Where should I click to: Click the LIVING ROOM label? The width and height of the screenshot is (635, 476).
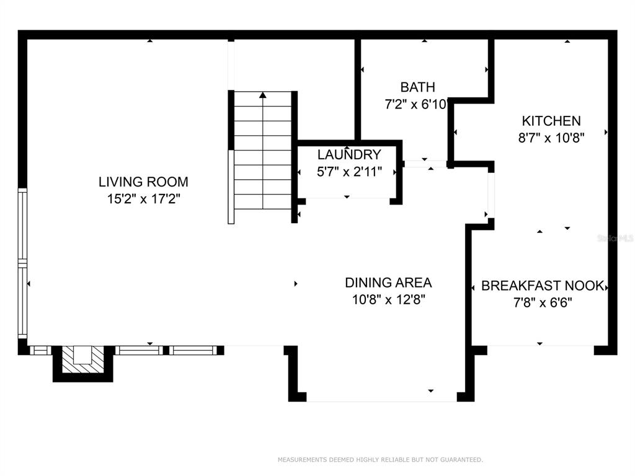[x=143, y=182]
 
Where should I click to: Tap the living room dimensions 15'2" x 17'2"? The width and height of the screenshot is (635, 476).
[x=143, y=199]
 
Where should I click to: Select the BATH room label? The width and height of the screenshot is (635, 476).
[x=417, y=87]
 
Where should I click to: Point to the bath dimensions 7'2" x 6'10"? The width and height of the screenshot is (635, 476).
[x=415, y=104]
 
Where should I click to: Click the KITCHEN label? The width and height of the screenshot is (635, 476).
[x=551, y=121]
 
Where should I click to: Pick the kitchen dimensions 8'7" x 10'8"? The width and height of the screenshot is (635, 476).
[x=551, y=138]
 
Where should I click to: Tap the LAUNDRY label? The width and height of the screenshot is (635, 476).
[x=349, y=154]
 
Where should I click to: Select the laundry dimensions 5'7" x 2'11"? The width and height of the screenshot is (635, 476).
[x=349, y=172]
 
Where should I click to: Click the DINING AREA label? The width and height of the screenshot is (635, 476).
[x=388, y=283]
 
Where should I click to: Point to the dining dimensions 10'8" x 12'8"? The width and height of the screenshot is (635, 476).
[x=388, y=300]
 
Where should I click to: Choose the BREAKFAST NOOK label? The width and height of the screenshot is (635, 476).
[x=543, y=286]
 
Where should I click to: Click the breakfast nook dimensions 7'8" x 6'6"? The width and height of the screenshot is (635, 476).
[x=543, y=302]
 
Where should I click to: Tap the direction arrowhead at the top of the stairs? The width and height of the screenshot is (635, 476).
[x=263, y=95]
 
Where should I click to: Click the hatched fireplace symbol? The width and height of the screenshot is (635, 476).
[x=82, y=359]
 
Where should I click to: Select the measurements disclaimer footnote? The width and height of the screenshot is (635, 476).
[x=380, y=460]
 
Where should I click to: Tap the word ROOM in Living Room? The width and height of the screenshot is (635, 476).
[x=169, y=182]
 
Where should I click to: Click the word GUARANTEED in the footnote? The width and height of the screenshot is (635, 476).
[x=461, y=460]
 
